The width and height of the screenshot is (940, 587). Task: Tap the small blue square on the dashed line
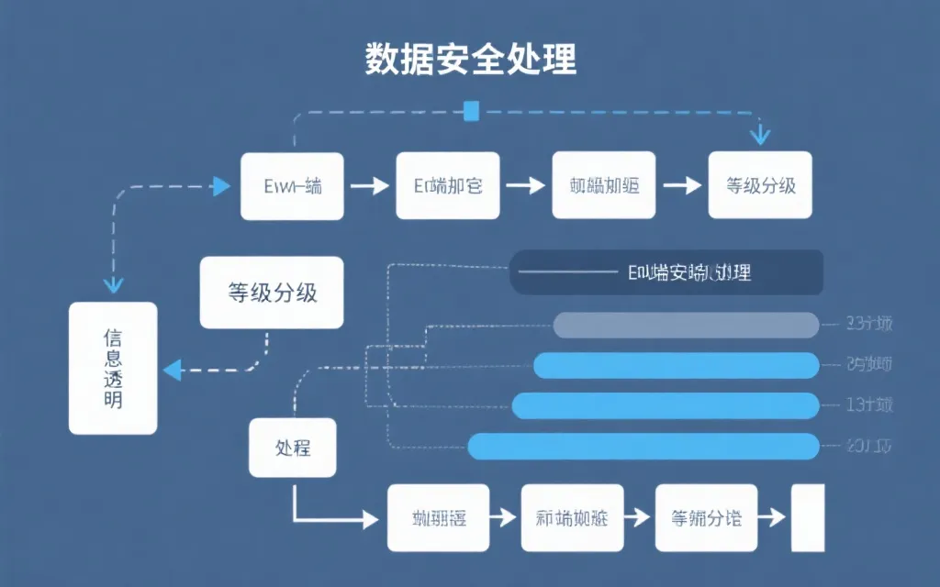pyautogui.click(x=472, y=112)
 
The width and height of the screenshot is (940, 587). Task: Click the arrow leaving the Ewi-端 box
pyautogui.click(x=370, y=186)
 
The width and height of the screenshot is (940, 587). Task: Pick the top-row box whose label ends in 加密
pyautogui.click(x=448, y=186)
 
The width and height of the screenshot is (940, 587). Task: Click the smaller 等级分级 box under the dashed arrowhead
pyautogui.click(x=760, y=186)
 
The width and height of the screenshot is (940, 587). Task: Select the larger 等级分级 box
pyautogui.click(x=272, y=293)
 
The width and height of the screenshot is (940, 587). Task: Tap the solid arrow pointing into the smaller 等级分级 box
pyautogui.click(x=682, y=186)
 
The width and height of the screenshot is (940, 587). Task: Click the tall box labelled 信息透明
pyautogui.click(x=113, y=369)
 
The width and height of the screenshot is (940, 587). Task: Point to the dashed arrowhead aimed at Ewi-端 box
pyautogui.click(x=220, y=186)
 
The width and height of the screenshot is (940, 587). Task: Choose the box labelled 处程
pyautogui.click(x=293, y=449)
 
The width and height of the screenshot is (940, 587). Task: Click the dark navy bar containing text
pyautogui.click(x=666, y=272)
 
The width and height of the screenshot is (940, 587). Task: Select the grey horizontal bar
pyautogui.click(x=686, y=325)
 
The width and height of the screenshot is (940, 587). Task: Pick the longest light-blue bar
pyautogui.click(x=643, y=447)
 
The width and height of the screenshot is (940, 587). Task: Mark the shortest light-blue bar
pyautogui.click(x=676, y=365)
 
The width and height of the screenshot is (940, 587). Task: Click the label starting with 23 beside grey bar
pyautogui.click(x=868, y=324)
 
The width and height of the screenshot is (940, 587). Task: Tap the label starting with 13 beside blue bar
pyautogui.click(x=868, y=404)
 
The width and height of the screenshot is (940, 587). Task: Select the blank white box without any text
pyautogui.click(x=809, y=518)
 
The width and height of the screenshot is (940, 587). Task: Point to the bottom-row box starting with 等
pyautogui.click(x=706, y=518)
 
